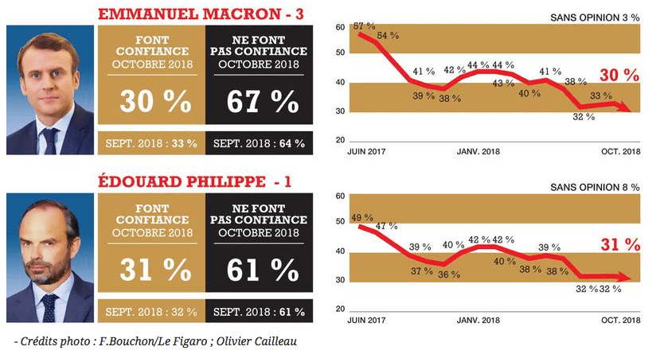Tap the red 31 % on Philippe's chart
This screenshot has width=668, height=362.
point(620,245)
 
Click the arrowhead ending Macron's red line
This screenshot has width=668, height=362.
point(633,111)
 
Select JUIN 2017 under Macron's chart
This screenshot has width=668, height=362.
point(367,151)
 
